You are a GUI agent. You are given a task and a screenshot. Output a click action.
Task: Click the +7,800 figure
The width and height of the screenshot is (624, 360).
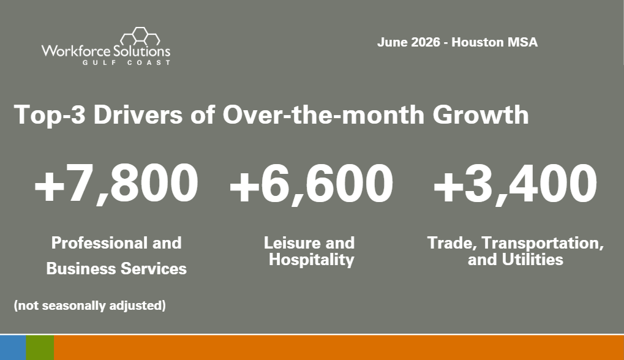coord(116,184)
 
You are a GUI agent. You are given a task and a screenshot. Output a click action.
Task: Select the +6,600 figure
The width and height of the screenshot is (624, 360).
coord(311,184)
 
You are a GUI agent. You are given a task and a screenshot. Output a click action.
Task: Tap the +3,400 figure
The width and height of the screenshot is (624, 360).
coord(515,184)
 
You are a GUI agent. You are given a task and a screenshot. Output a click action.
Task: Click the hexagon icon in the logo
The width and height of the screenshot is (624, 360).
coord(140,36)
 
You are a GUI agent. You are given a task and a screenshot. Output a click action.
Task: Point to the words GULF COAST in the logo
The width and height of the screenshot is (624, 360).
coord(127,62)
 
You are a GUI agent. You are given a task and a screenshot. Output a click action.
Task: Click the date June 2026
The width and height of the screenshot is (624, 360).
coord(408,42)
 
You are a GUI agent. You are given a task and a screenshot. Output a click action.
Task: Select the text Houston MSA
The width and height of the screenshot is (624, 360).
coord(495,42)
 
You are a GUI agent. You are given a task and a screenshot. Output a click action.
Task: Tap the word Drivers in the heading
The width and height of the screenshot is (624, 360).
coord(138,115)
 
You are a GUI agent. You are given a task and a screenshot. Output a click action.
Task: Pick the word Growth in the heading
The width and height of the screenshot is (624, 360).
coord(481,115)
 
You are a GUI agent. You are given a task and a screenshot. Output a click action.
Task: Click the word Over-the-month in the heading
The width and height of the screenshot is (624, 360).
coord(323,115)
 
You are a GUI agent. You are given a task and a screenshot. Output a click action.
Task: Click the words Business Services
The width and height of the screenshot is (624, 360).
coord(116,269)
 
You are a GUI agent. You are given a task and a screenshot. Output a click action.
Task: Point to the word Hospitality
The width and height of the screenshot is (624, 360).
coord(311,260)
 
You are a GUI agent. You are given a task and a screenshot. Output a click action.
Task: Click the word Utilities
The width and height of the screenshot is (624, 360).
coord(533,260)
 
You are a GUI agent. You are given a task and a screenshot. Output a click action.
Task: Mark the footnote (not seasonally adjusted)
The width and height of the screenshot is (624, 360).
coord(90,306)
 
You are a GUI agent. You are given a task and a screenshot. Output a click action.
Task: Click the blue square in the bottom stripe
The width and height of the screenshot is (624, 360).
coord(13,348)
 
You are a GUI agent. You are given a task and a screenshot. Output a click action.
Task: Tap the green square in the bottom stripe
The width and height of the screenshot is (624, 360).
coord(40,348)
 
